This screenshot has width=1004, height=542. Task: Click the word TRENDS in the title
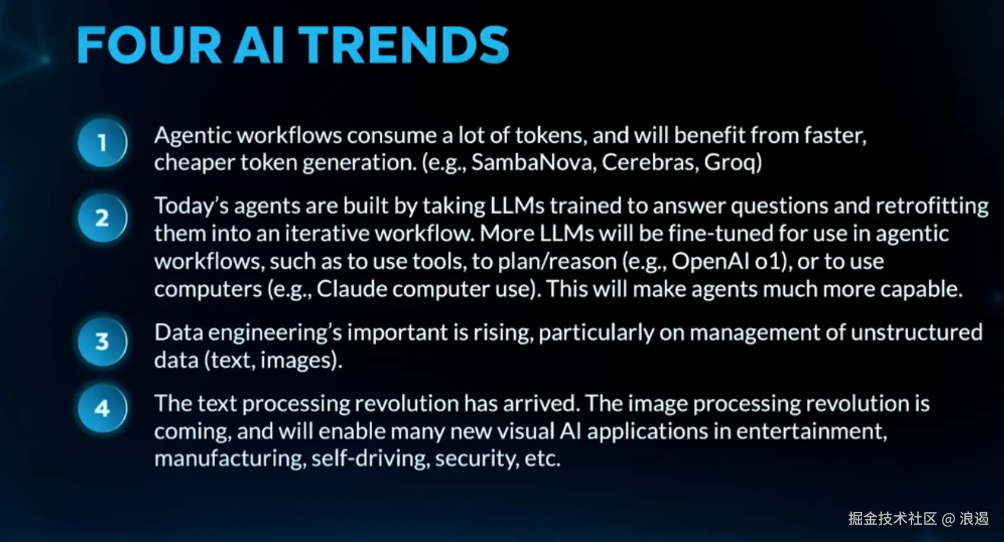[403, 45]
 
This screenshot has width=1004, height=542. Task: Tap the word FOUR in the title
[149, 45]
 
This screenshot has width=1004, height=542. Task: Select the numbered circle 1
[103, 143]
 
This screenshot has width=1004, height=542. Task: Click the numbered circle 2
[103, 218]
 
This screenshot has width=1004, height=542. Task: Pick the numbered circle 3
[103, 342]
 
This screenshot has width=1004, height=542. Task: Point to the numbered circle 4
[103, 408]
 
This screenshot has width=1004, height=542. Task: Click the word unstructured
[917, 333]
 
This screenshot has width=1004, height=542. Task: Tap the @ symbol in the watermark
[948, 519]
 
